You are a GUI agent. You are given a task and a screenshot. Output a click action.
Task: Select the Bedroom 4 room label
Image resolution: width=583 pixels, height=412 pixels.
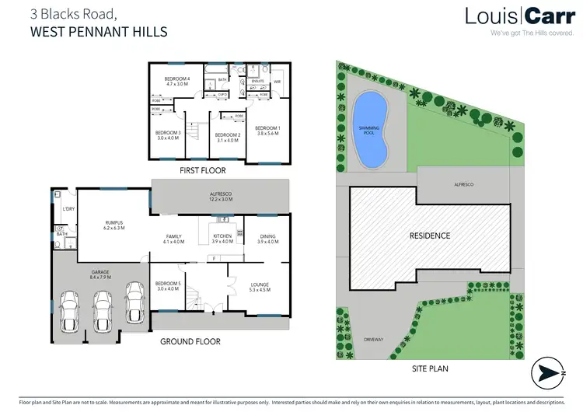click(176, 82)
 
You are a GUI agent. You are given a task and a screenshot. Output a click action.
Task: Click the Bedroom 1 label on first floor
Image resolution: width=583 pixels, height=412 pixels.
click(267, 131)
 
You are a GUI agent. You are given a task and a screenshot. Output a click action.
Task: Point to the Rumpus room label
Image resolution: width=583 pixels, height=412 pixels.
click(114, 225)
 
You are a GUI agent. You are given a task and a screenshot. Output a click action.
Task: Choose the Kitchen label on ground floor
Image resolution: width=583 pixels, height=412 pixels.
click(222, 239)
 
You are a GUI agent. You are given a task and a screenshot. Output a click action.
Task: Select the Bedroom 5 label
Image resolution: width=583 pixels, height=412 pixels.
click(166, 286)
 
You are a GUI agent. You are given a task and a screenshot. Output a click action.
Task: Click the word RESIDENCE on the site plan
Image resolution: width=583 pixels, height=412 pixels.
click(429, 235)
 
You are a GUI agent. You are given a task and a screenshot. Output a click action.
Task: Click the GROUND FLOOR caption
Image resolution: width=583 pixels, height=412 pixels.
click(190, 341)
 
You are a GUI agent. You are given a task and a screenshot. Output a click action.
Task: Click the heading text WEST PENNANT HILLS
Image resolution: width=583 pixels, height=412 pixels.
click(98, 33)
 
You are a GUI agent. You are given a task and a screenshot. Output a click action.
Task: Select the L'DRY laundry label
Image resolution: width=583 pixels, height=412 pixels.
click(68, 208)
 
